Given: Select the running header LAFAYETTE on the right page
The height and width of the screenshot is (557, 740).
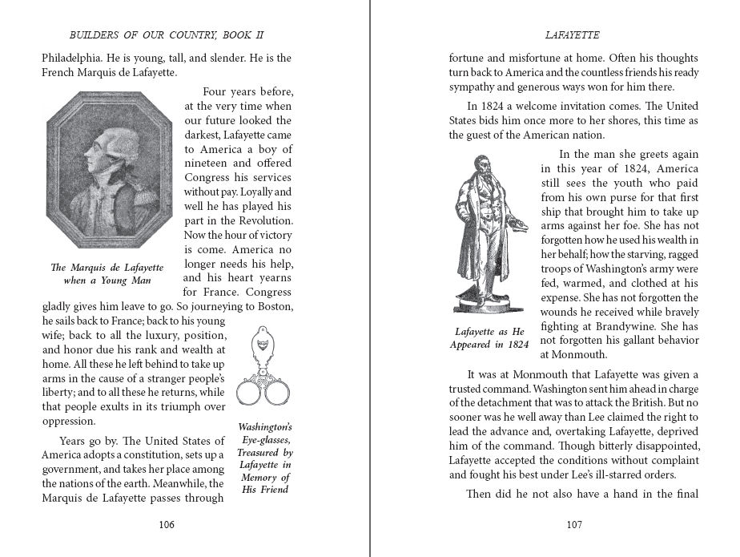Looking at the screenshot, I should coord(573,35).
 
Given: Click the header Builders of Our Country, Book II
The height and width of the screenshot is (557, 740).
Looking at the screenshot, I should coord(167,35).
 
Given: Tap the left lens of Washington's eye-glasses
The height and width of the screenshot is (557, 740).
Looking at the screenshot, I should coord(250,394).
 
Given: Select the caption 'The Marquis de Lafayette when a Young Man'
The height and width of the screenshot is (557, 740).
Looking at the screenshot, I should coord(107,273).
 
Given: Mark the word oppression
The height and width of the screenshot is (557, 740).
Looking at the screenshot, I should coord(68,421).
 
